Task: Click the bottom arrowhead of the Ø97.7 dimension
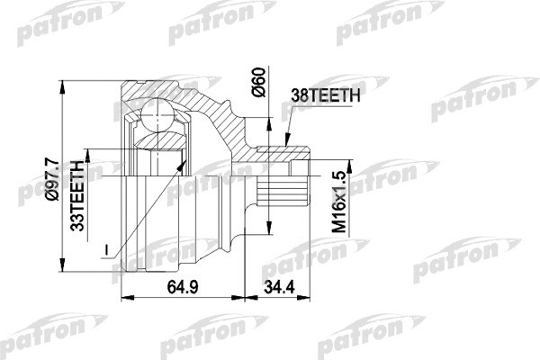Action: pos(66,280)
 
